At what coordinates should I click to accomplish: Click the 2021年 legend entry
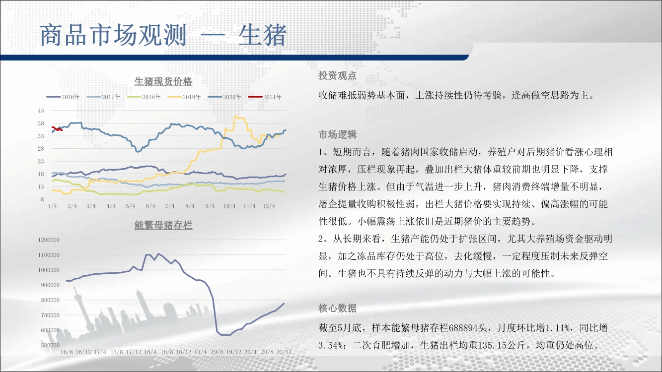point(265,97)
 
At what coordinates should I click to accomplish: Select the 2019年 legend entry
point(184,97)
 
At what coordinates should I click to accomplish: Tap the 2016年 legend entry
point(63,97)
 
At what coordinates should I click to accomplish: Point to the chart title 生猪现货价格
point(163,81)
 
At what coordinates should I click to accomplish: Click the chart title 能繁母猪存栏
point(163,225)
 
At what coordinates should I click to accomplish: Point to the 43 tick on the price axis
point(41,111)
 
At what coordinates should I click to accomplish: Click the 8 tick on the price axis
point(42,199)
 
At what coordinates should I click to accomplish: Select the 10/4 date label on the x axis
point(229,206)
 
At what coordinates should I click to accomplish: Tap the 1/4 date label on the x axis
point(52,206)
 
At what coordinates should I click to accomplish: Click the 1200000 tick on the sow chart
point(49,240)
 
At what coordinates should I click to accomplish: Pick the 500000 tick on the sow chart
point(50,345)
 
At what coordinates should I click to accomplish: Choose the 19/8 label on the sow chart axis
point(217,352)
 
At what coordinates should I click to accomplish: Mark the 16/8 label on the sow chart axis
point(67,352)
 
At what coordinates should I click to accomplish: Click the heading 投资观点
point(338,75)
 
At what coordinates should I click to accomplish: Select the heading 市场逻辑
point(338,134)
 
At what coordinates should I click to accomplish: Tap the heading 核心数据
point(338,308)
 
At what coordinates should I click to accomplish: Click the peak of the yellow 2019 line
point(236,116)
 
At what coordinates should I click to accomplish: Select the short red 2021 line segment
point(57,129)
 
